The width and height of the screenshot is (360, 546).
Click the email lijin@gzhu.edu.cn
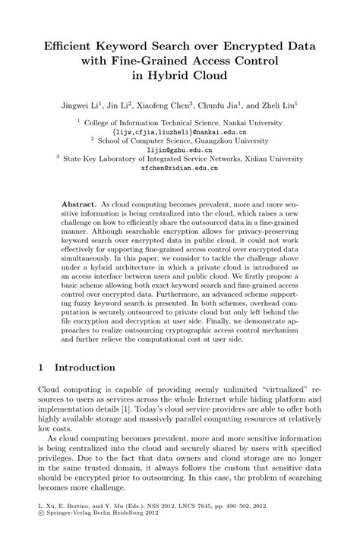pos(179,150)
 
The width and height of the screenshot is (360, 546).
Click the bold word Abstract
pos(79,206)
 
